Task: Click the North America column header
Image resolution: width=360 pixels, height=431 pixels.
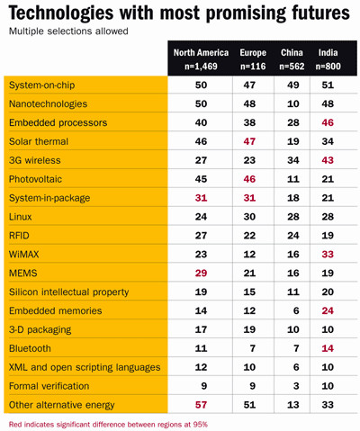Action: tap(201, 59)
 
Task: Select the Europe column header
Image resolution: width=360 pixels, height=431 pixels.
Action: tap(253, 59)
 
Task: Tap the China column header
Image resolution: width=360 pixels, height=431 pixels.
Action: tap(292, 59)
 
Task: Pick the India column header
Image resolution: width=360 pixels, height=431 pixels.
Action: tap(328, 59)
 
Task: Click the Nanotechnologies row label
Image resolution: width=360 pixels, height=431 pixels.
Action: tap(48, 103)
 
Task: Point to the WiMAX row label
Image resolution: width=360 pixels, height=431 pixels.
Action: tap(24, 255)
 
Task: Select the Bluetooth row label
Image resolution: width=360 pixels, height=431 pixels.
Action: tap(30, 348)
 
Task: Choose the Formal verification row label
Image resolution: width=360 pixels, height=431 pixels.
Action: tap(49, 386)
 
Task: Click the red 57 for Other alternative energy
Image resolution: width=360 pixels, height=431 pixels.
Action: tap(201, 405)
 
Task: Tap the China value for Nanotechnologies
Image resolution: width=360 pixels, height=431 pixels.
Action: tap(293, 103)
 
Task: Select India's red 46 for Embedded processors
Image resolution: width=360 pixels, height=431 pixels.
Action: tap(328, 122)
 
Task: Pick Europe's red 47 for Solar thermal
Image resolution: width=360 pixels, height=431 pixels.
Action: tap(249, 141)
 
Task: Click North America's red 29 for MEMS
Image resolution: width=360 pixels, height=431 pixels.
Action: tap(201, 274)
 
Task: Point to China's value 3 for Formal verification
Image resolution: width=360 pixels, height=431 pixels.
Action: tap(296, 386)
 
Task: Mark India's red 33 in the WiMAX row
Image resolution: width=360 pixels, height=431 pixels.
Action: tap(328, 255)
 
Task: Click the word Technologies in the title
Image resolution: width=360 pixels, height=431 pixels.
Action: tap(61, 13)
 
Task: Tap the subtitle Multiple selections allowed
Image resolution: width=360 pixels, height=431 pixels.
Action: tap(68, 31)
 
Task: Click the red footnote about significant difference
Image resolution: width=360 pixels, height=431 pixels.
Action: tap(108, 425)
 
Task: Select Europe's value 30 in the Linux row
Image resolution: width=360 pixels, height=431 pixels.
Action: tap(249, 217)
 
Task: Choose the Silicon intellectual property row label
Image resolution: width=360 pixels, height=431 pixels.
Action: tap(69, 292)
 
